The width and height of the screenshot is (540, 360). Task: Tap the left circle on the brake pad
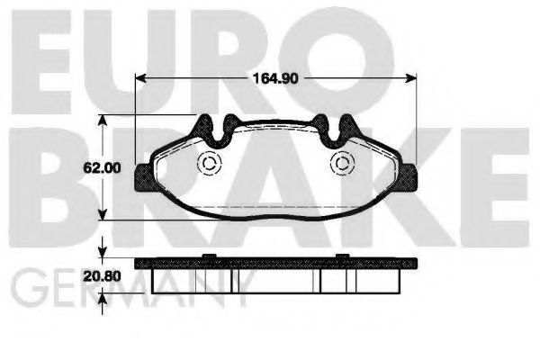point(209,164)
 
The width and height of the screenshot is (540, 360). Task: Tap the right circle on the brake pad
point(341,164)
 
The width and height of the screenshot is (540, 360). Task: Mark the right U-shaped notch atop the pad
point(325,126)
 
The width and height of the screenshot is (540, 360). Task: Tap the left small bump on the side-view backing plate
point(207,257)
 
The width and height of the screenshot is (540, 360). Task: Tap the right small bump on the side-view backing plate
point(342,257)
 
